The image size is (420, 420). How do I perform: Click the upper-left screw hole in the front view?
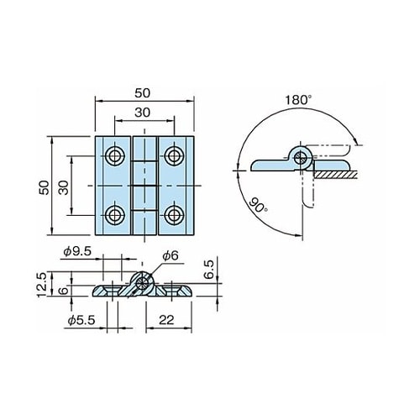114,155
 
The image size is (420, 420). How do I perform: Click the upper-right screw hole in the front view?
174,155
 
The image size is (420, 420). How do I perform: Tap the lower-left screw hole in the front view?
114,215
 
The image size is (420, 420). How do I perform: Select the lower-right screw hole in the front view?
174,215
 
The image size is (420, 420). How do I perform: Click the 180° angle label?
298,100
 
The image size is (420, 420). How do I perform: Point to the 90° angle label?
258,205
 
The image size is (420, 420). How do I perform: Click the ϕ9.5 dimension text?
77,251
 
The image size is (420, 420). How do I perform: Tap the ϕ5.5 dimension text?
81,320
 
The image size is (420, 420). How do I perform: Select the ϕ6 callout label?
171,255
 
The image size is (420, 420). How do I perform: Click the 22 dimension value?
166,320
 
